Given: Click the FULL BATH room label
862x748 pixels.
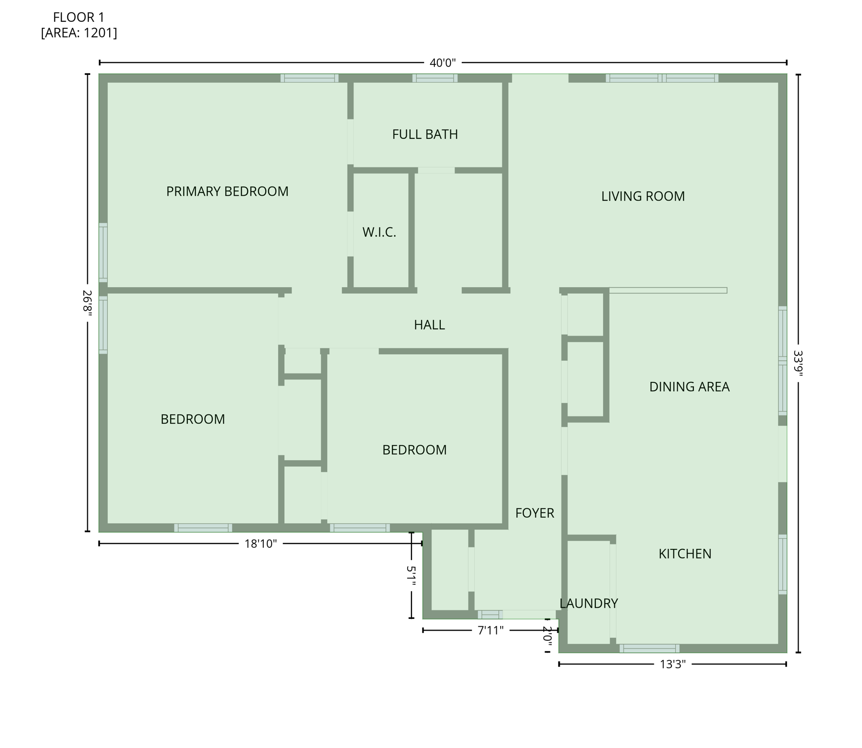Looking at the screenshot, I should [425, 134].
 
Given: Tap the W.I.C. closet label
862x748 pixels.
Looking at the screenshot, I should [379, 232].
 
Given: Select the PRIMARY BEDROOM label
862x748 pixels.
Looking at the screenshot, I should [227, 191].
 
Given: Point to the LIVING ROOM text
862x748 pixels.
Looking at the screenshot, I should [643, 196].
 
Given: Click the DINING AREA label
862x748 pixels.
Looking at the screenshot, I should [689, 387].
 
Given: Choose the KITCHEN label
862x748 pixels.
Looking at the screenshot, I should [685, 554].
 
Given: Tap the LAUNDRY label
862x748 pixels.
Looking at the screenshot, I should [588, 603].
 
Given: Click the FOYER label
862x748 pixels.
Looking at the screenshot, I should [534, 513].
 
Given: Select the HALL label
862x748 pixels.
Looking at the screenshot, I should [429, 325].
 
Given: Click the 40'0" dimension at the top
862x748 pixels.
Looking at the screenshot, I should [442, 63].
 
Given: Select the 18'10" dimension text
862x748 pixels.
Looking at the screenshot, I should [260, 543].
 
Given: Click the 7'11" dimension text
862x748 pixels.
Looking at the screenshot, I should [490, 631].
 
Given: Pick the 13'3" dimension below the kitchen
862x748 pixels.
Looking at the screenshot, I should [672, 664].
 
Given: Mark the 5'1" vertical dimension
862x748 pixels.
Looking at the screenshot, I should [411, 576].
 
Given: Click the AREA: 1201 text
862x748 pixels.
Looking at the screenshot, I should [79, 33].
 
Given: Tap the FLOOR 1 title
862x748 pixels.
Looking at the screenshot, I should [78, 18].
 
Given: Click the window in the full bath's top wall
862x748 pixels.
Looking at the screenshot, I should [434, 78].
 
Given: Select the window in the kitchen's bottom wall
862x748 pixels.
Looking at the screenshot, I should [649, 648].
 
